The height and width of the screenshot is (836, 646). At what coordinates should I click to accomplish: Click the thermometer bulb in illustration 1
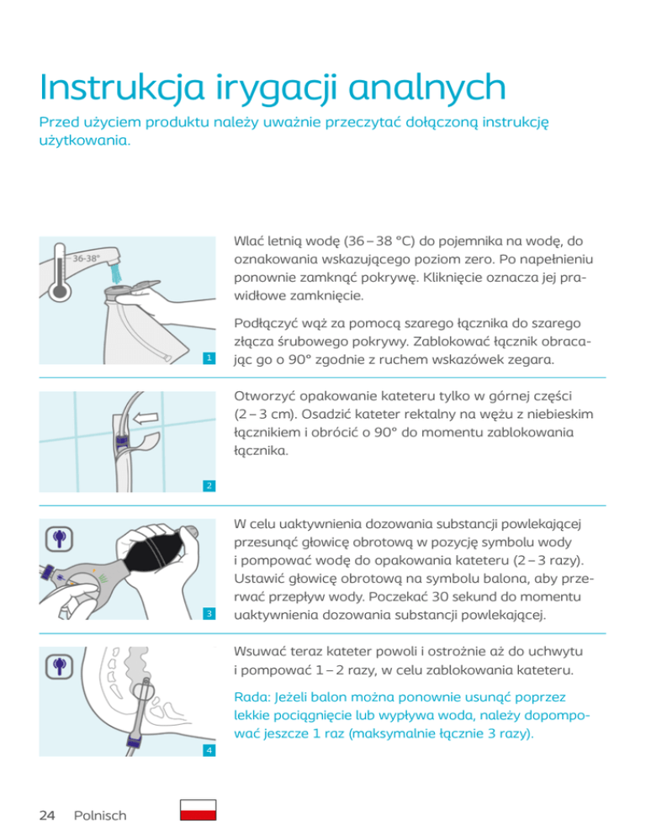(x=60, y=290)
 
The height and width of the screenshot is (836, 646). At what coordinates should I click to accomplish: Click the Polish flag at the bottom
(x=199, y=810)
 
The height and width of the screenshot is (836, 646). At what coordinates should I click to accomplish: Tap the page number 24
(x=47, y=815)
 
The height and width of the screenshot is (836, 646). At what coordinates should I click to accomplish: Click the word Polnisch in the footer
(x=100, y=815)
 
